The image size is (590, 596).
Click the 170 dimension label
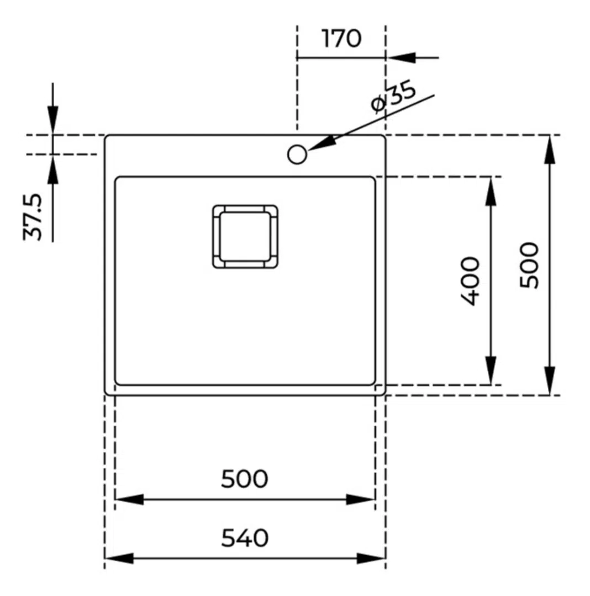[x=341, y=38]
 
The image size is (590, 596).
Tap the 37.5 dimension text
[x=33, y=217]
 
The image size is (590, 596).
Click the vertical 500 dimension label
[x=529, y=265]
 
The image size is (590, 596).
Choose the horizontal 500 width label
[x=245, y=479]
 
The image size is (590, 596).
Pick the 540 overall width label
[x=245, y=538]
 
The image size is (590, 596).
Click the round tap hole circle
[x=297, y=155]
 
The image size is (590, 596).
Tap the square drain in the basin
[x=245, y=236]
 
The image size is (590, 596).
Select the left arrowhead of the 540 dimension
[x=119, y=558]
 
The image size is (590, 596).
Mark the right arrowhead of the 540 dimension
[x=371, y=558]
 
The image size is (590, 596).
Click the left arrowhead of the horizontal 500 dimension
[x=129, y=499]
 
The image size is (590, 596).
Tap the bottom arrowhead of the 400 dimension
[x=491, y=371]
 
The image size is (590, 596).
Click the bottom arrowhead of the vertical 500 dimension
[x=550, y=380]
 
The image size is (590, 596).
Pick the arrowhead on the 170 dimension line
[x=401, y=58]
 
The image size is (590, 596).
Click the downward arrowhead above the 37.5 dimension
[x=53, y=120]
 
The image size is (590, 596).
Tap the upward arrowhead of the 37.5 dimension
[x=53, y=169]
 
